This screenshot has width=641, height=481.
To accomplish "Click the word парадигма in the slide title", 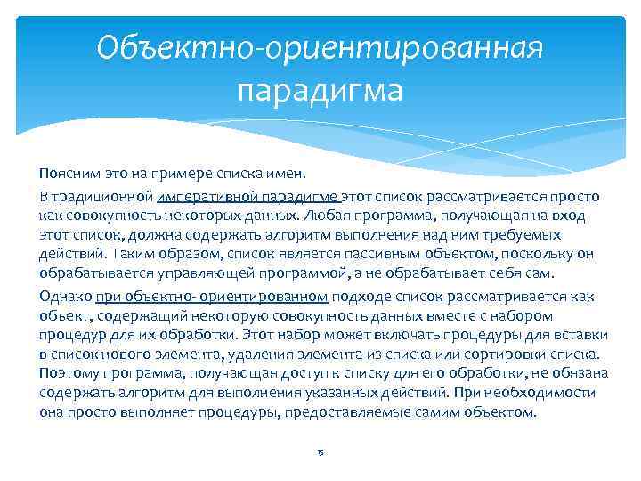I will tap(320, 90).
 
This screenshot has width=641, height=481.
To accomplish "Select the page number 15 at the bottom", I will tap(320, 452).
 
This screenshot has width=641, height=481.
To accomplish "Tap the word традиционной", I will tap(104, 196).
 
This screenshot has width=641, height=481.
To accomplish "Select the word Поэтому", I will tap(69, 373).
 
